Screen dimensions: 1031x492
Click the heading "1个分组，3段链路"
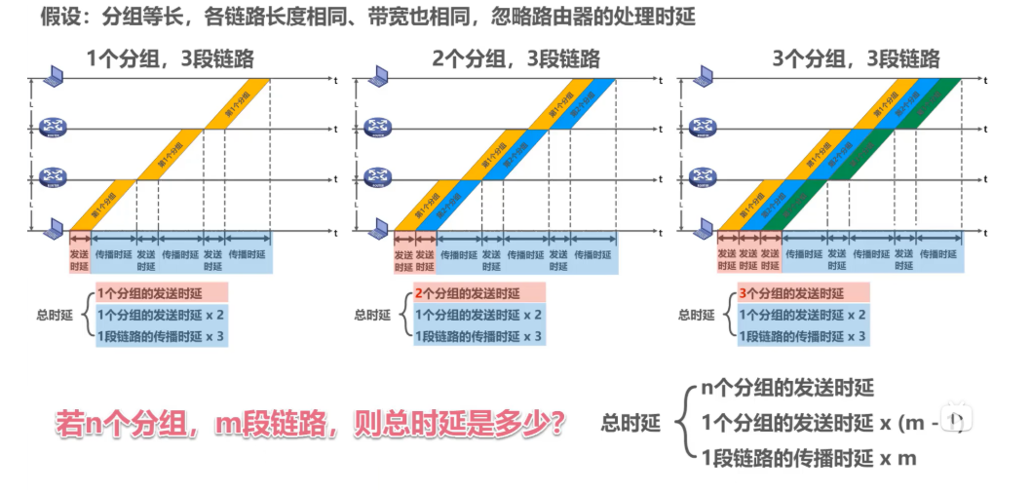tap(171, 58)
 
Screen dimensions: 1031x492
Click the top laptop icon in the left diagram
tap(53, 75)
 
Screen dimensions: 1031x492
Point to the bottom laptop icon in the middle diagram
tap(378, 229)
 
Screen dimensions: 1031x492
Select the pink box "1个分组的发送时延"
tap(161, 292)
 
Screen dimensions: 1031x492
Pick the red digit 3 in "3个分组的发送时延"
tap(743, 292)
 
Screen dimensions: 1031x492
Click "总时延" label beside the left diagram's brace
tap(55, 315)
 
